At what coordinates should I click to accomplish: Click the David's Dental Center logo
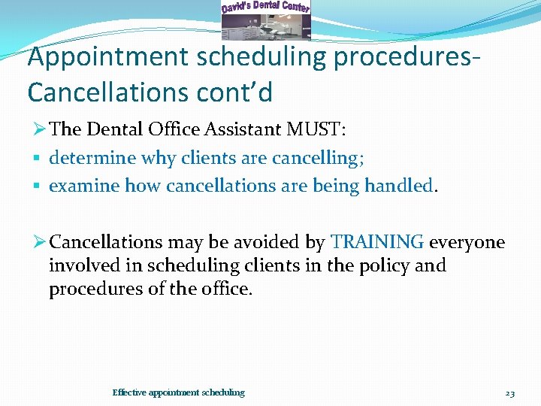coord(265,20)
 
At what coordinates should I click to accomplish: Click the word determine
coord(88,158)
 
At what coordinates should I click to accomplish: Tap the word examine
coord(84,185)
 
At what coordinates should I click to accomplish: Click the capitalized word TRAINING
coord(378,242)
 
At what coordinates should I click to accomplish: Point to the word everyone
coord(467,242)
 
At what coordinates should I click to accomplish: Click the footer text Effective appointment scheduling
coord(178,392)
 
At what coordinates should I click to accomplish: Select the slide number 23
coord(509,392)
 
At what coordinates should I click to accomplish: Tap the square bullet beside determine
coord(36,159)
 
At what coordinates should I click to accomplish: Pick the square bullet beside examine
coord(36,186)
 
